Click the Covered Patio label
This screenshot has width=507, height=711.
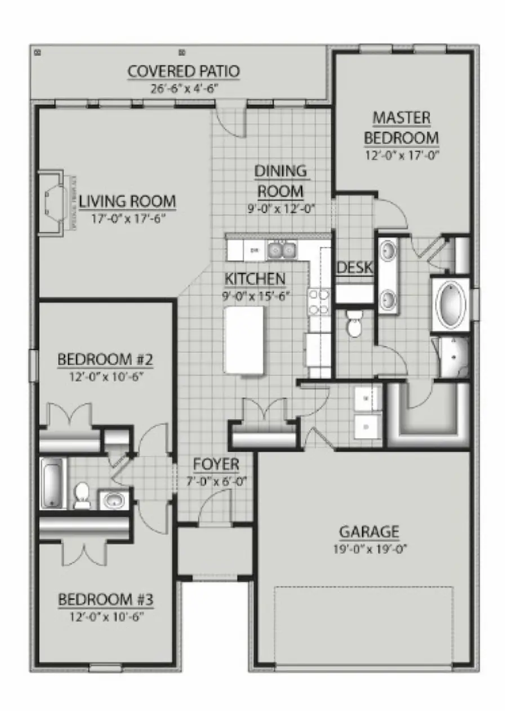tap(184, 72)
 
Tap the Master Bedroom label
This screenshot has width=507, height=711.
tap(401, 128)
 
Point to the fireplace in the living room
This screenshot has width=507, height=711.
tap(56, 201)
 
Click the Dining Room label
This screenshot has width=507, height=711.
tap(281, 180)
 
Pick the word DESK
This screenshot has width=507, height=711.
tap(354, 268)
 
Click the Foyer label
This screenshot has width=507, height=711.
tap(216, 465)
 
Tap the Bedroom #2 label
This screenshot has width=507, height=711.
tap(106, 359)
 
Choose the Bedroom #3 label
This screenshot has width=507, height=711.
tap(106, 599)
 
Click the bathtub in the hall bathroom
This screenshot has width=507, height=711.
tap(53, 482)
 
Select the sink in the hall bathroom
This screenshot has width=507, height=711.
tap(115, 499)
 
